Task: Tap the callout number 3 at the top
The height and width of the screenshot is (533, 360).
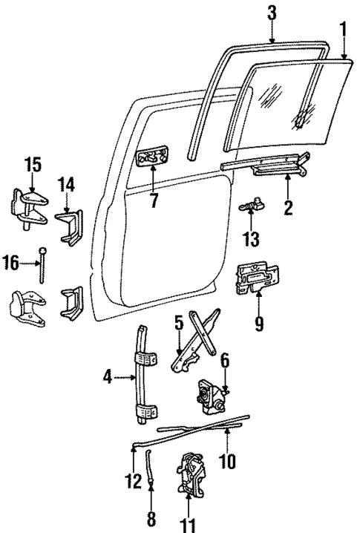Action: point(272,13)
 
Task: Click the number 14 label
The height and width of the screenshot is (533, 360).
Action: point(68,184)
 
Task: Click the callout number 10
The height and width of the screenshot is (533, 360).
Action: point(228,462)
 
